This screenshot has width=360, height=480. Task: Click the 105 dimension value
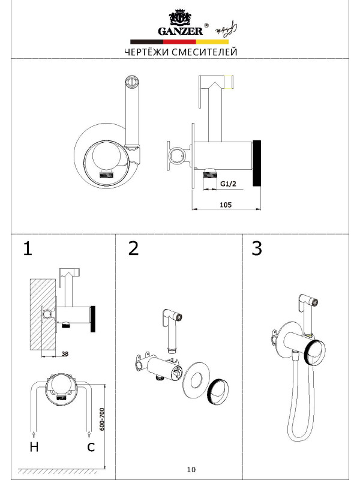click(x=226, y=205)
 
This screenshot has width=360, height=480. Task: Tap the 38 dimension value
click(x=65, y=354)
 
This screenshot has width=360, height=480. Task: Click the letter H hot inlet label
click(x=33, y=446)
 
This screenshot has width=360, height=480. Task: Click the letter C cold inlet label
click(x=91, y=446)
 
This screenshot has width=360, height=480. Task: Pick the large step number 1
click(x=27, y=249)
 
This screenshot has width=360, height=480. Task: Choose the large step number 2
click(x=133, y=249)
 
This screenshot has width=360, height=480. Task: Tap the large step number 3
click(x=257, y=249)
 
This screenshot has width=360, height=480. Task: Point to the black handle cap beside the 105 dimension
click(x=257, y=164)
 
